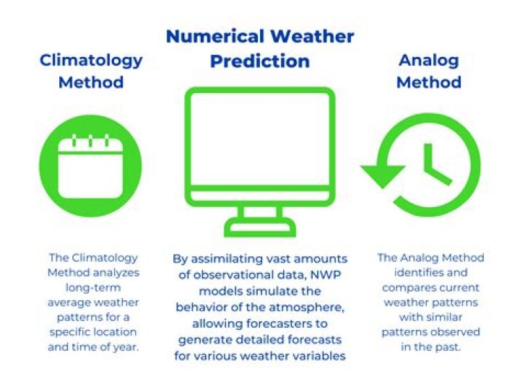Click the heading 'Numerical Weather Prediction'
tap(259, 48)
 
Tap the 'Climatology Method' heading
tap(91, 71)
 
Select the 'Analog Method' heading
tap(429, 71)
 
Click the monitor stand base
tap(259, 230)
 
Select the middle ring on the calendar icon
tap(91, 141)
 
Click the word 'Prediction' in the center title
tap(259, 61)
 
